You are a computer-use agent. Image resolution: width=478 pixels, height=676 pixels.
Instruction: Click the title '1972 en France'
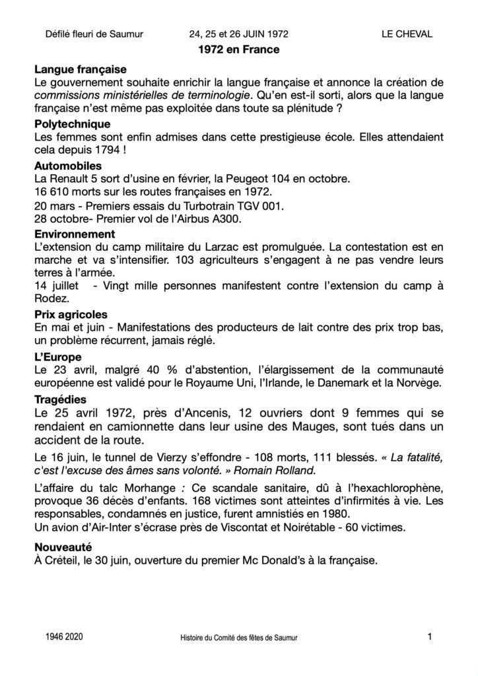coord(238,50)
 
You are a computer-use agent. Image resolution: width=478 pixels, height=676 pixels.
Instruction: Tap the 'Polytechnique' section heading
coord(73,124)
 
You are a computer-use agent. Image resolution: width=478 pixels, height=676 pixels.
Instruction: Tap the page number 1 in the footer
coord(430,637)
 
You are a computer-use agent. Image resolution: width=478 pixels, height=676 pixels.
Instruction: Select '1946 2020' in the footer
coord(65,638)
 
